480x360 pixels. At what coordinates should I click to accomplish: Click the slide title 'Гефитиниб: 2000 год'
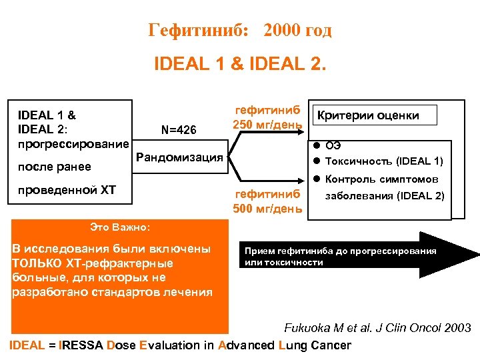[x=239, y=31]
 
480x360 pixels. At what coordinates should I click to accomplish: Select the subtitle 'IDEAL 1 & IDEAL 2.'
[x=240, y=65]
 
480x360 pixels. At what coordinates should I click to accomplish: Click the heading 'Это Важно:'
[x=119, y=227]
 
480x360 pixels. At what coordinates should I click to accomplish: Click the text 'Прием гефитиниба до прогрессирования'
[x=340, y=251]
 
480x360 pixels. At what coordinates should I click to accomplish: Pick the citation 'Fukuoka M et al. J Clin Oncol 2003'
[x=377, y=328]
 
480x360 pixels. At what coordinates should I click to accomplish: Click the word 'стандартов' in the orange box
[x=129, y=291]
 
